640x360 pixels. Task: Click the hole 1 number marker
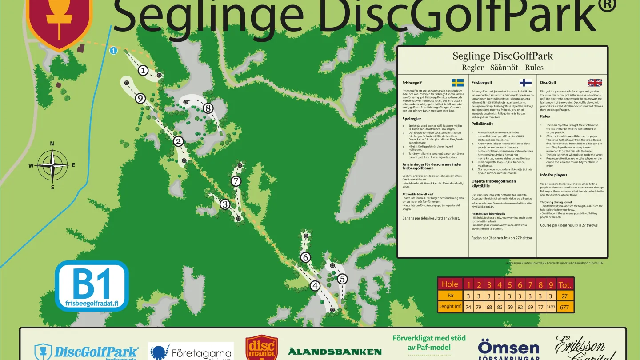tap(143, 70)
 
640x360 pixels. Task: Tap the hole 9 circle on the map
tap(140, 98)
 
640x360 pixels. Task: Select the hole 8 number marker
tap(208, 108)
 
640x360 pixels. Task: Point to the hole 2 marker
tap(178, 141)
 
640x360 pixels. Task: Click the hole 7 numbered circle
tap(236, 181)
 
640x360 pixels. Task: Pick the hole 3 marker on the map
tap(225, 204)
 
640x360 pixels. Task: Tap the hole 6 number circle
tap(305, 257)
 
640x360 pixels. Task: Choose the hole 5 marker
tap(342, 279)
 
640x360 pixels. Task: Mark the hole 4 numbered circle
tap(315, 286)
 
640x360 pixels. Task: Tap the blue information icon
tap(114, 51)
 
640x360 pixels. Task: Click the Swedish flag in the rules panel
tap(458, 83)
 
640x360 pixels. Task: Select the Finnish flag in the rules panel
tap(526, 83)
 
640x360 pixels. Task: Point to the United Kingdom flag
tap(595, 83)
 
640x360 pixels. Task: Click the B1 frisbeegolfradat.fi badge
tap(92, 286)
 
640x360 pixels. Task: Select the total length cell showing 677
tap(565, 306)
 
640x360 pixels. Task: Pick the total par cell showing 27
tap(565, 296)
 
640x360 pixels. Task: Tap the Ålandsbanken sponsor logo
tap(335, 352)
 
